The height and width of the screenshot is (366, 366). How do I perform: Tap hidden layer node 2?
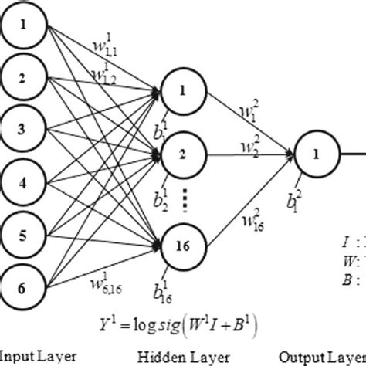183,154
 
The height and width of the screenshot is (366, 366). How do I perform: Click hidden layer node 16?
183,245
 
